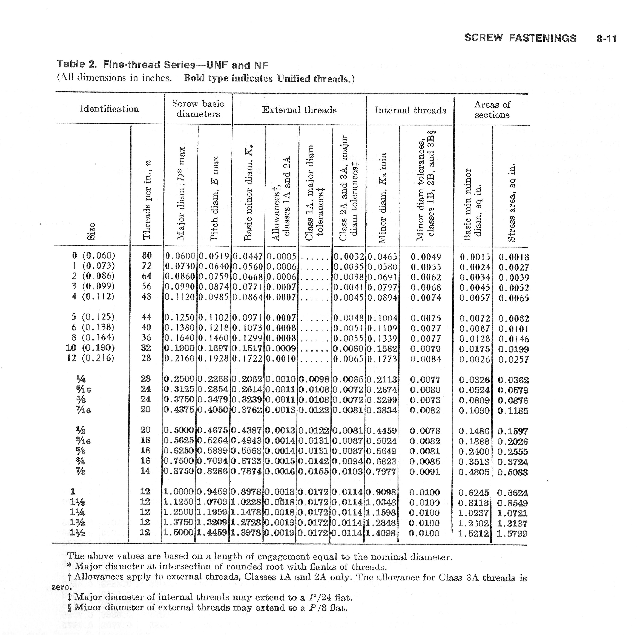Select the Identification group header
109,109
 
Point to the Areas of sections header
492,110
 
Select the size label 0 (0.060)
93,255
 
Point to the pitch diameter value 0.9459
212,492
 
